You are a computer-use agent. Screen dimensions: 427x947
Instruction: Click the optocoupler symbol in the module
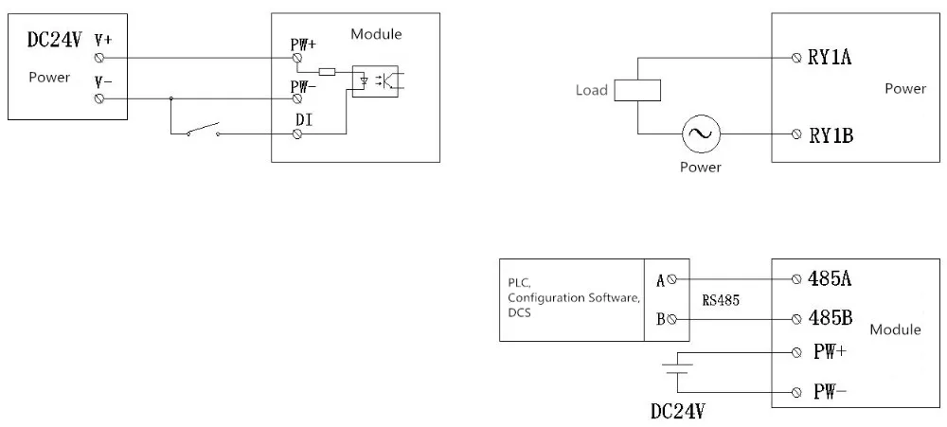coord(378,80)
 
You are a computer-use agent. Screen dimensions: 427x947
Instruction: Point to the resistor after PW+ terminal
coord(328,71)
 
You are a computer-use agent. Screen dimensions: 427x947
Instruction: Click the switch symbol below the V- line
coord(203,129)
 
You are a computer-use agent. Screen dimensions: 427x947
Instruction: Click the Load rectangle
coord(637,91)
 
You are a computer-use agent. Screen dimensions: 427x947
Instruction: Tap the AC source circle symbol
coord(702,134)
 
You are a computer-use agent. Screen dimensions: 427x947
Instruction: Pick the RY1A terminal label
coord(830,58)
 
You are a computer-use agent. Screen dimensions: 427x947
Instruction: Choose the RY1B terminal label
coord(831,134)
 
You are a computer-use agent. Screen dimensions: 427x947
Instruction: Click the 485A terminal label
coord(831,279)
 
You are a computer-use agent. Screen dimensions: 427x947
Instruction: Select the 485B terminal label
coord(831,318)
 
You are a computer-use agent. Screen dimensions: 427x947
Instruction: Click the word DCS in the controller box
coord(520,311)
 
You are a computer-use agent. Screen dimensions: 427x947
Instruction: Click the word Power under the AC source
coord(701,168)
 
